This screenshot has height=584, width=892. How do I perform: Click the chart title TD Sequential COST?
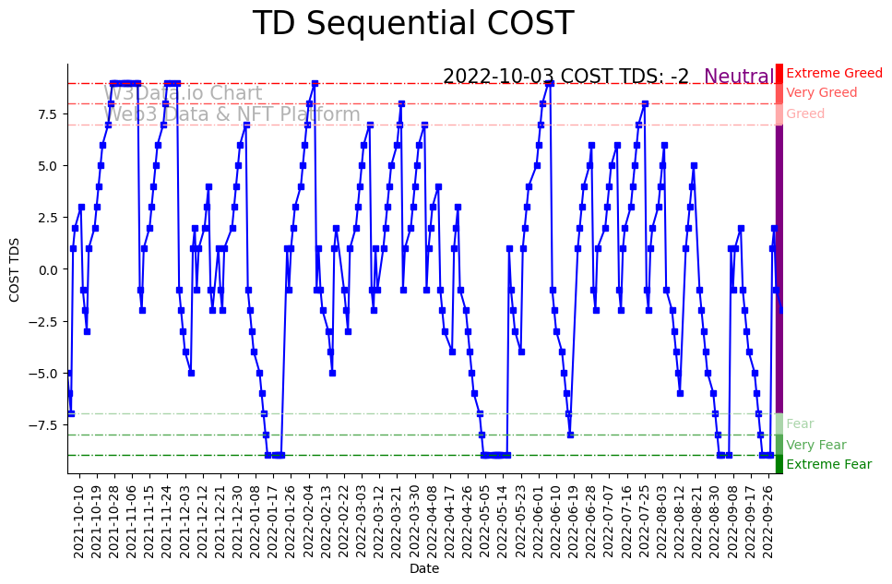tap(413, 24)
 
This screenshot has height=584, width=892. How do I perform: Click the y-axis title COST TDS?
tap(15, 268)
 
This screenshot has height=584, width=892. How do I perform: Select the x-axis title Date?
tap(424, 569)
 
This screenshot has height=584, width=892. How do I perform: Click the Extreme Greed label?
tap(834, 74)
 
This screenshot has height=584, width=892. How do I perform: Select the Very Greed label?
tap(822, 93)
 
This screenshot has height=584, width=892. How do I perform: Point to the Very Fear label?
tap(815, 445)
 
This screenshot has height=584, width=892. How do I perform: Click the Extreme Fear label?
tap(828, 464)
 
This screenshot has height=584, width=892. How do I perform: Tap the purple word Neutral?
tap(739, 77)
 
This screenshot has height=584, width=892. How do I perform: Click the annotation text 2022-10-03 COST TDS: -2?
tap(565, 77)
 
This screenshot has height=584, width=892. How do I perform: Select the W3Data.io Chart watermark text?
tap(183, 93)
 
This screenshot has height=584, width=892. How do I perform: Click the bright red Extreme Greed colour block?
tap(779, 73)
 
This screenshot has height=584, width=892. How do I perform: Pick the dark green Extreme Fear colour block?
tap(779, 464)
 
